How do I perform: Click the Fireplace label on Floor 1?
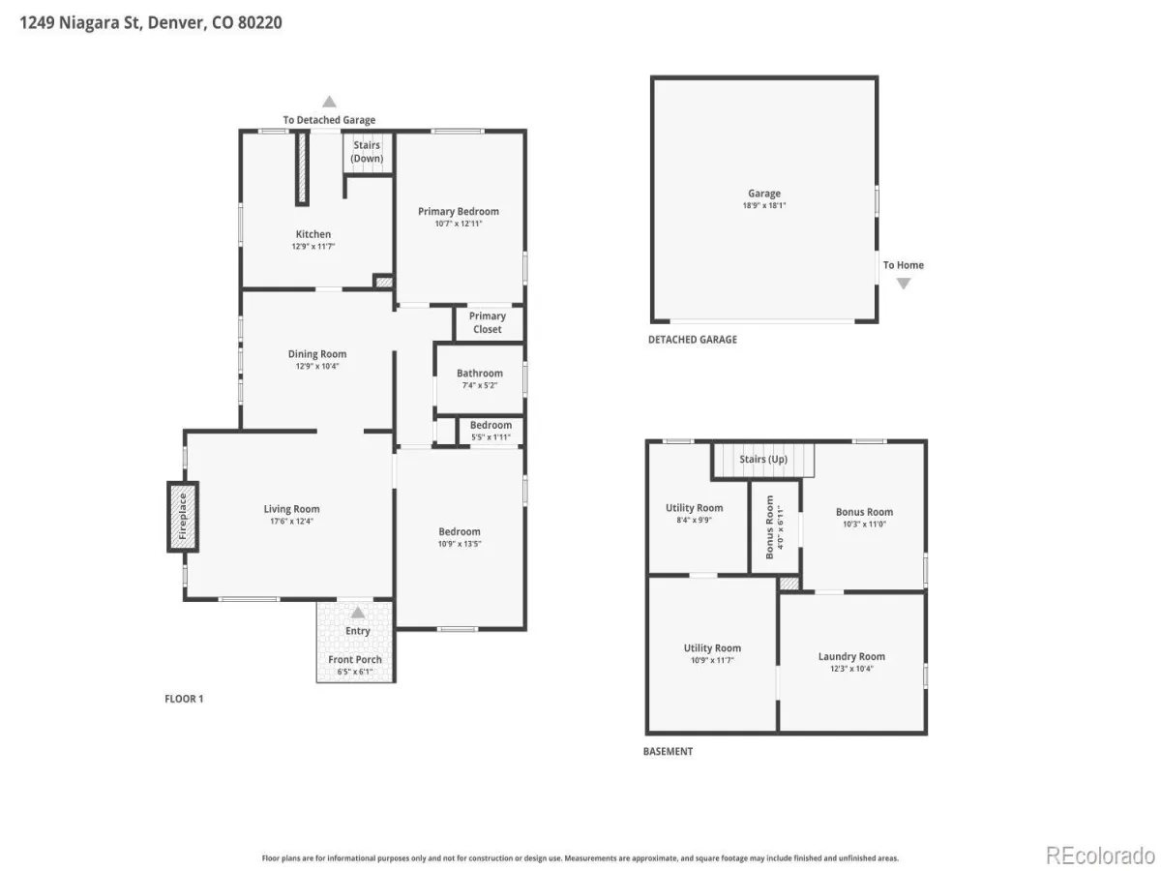[x=183, y=516]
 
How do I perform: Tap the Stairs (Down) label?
[x=367, y=151]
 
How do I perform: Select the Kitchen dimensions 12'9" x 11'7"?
[x=313, y=246]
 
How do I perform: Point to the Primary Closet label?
[x=488, y=322]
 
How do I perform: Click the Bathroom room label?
[x=480, y=373]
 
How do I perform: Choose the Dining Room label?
[x=317, y=354]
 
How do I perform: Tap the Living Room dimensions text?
[x=291, y=521]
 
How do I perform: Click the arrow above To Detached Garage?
[x=329, y=101]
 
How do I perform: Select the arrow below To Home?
[x=904, y=284]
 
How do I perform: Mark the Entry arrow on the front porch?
[x=358, y=613]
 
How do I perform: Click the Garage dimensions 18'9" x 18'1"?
[x=764, y=205]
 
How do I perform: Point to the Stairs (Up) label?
[x=763, y=459]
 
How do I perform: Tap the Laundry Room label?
[x=851, y=656]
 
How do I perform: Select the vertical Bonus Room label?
[x=769, y=526]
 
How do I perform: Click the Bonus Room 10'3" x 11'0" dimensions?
[x=864, y=525]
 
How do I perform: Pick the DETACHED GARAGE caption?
[x=693, y=340]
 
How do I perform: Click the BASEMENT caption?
[x=668, y=752]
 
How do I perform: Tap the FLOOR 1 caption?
[x=184, y=699]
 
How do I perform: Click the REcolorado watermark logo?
[x=1100, y=856]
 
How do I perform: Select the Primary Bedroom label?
[x=459, y=211]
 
